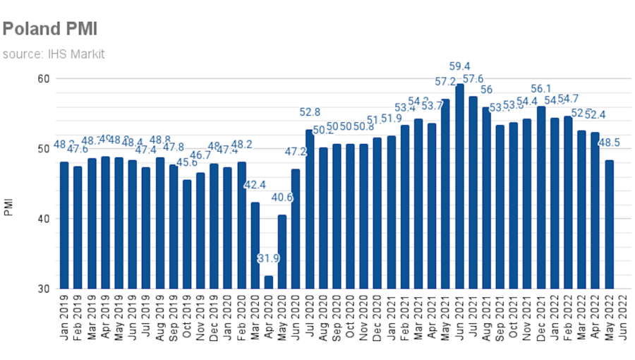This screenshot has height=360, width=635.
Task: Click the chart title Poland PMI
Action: (x=49, y=29)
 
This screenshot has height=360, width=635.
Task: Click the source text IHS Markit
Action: (x=54, y=54)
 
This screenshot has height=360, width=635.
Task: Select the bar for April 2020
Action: (x=269, y=282)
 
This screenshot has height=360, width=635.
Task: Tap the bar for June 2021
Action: (x=459, y=186)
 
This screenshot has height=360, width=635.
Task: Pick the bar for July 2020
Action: (x=310, y=209)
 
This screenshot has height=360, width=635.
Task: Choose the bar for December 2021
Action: (x=541, y=198)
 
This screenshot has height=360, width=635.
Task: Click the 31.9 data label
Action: (x=268, y=259)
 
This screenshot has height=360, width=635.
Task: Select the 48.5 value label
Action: (x=610, y=143)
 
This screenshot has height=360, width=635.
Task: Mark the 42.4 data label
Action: (x=255, y=185)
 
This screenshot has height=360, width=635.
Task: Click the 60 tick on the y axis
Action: (x=43, y=78)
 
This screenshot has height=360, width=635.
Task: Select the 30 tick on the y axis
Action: (x=43, y=289)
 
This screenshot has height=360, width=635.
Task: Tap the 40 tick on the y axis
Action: (x=43, y=219)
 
